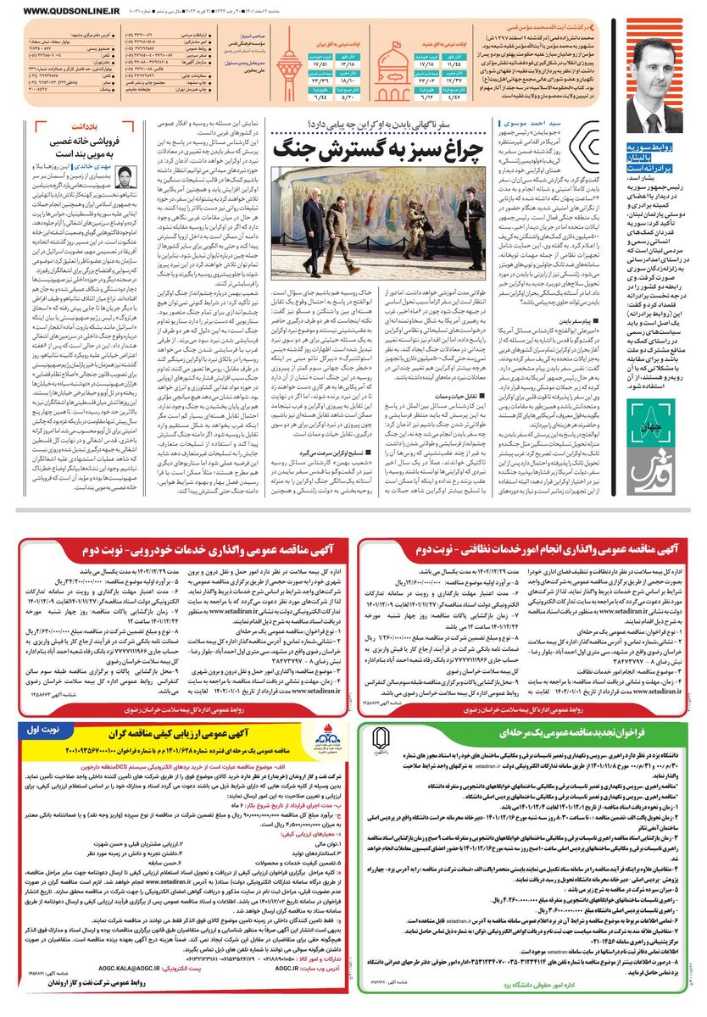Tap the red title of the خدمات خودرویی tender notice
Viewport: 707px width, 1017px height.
(x=186, y=552)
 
